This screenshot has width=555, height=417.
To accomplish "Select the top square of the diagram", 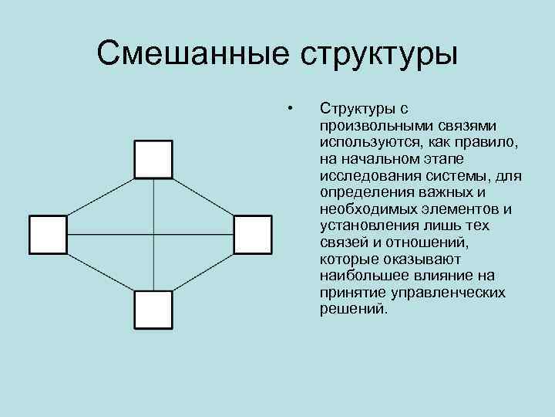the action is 153,160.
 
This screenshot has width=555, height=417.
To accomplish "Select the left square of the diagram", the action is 48,235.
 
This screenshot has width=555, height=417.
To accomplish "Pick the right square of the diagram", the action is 253,235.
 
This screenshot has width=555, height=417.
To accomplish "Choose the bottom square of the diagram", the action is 153,310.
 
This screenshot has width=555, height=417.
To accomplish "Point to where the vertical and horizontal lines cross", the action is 154,236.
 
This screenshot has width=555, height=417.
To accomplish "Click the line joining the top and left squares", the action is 101,196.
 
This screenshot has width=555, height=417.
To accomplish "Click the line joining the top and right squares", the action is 203,197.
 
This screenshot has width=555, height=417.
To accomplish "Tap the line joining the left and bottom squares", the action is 101,273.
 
